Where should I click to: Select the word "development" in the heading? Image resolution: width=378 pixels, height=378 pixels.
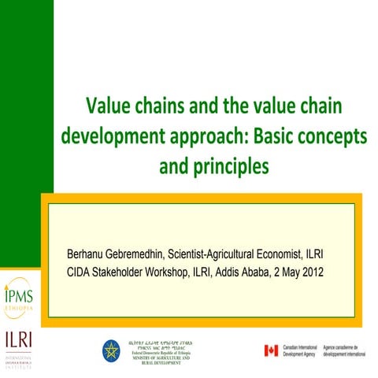[107, 135]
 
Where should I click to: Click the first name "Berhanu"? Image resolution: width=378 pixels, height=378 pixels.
[91, 256]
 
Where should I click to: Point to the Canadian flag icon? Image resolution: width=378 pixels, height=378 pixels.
[271, 350]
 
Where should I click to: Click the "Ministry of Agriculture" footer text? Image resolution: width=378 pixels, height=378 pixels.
[157, 358]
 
